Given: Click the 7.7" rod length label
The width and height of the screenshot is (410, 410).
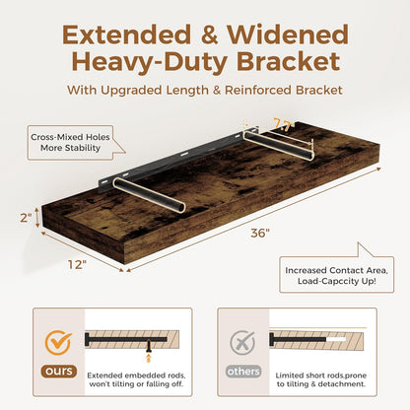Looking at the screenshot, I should [x=283, y=124].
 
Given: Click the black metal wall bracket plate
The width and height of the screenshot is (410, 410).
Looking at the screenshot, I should [x=177, y=157].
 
